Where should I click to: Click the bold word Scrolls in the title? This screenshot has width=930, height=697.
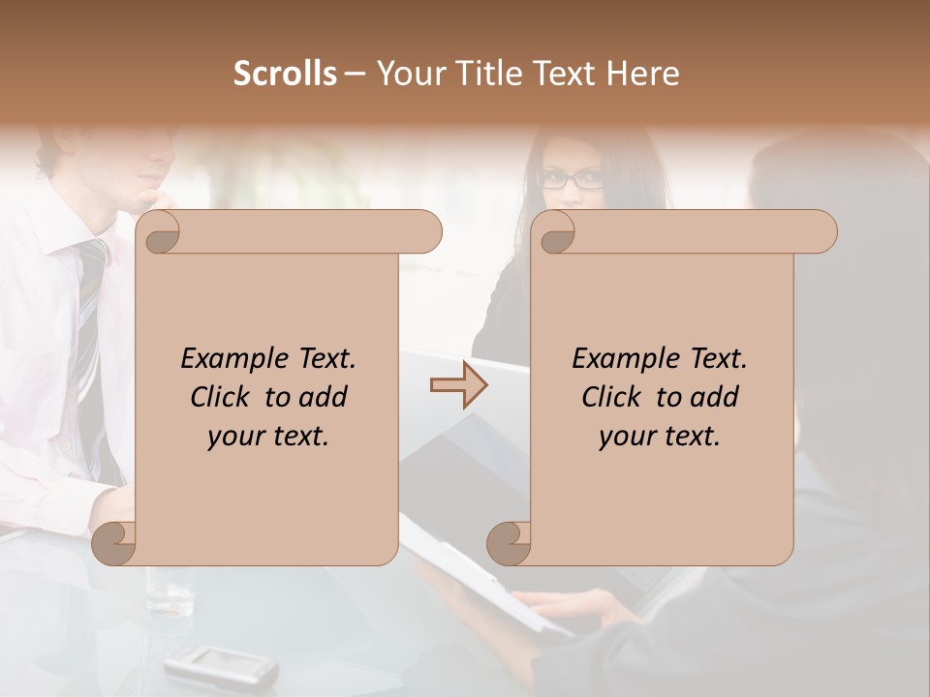[x=285, y=74]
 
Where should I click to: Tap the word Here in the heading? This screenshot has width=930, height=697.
[x=643, y=74]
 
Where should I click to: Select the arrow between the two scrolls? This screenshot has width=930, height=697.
[x=458, y=385]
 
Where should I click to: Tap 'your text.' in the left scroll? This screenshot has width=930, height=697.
[x=268, y=436]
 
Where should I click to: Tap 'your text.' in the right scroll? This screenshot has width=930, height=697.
[x=660, y=436]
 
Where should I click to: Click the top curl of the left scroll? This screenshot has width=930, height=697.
[x=158, y=232]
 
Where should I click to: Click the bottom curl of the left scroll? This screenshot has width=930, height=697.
[x=113, y=543]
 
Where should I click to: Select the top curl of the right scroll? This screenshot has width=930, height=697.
[x=554, y=232]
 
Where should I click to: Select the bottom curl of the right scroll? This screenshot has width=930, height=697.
[x=508, y=543]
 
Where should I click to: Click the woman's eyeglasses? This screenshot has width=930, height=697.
[x=571, y=179]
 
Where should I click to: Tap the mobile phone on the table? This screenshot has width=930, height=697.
[x=220, y=665]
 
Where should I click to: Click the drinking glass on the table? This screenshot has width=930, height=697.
[x=170, y=590]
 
